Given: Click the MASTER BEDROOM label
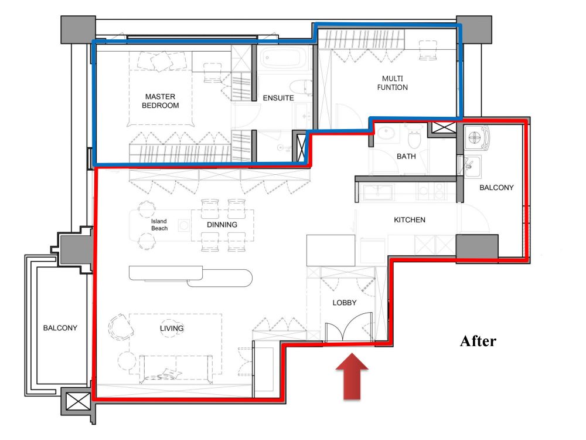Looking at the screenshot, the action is (161, 101).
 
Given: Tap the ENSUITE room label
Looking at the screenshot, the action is (278, 98).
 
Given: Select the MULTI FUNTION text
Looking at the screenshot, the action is (393, 83).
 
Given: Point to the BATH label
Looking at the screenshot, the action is (406, 157).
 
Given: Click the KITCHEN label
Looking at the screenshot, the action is (410, 220).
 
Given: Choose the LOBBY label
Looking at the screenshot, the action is (345, 303).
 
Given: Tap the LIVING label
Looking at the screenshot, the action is (172, 329).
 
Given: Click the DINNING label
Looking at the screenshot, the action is (222, 225).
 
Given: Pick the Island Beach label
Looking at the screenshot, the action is (159, 225).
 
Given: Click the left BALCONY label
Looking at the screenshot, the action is (60, 328).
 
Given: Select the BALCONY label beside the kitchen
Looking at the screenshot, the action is (496, 188).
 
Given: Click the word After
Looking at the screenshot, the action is (478, 341).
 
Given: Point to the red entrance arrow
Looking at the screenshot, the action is (352, 377).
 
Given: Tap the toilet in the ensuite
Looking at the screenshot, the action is (301, 86).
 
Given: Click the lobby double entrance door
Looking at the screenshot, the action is (349, 327).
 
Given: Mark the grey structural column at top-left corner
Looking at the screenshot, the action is (78, 30).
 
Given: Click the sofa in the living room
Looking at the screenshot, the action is (176, 369).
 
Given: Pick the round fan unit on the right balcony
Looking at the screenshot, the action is (475, 137).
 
